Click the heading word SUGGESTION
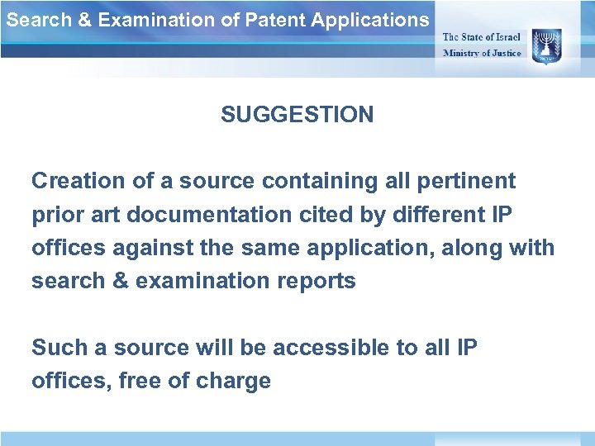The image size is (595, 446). click(x=297, y=115)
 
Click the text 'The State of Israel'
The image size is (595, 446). click(x=482, y=37)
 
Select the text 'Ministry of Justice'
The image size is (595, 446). click(x=482, y=53)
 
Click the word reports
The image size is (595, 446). click(x=317, y=282)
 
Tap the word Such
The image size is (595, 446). click(x=60, y=348)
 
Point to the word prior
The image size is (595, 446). click(x=55, y=214)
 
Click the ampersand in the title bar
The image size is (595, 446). click(x=84, y=20)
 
